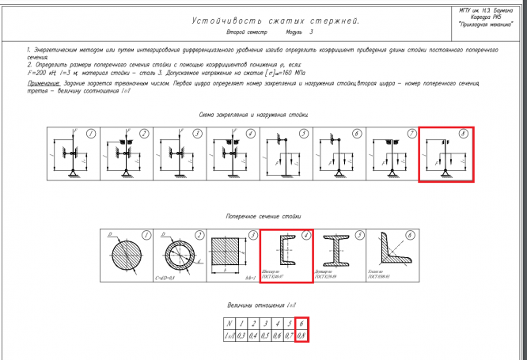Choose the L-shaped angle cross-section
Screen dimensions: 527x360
coord(392,255)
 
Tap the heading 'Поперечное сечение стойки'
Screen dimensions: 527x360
coord(263,216)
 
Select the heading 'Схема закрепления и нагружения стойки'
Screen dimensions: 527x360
coord(253,116)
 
